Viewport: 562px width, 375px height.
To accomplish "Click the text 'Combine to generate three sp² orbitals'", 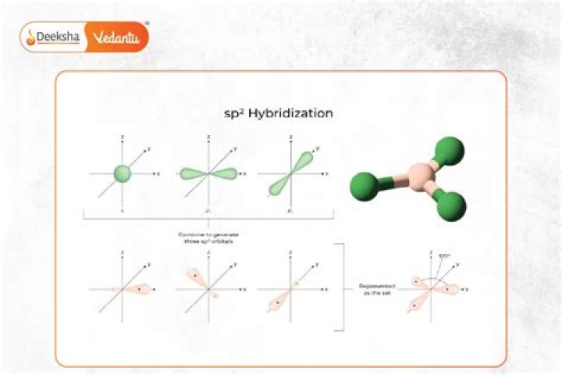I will coord(208,235).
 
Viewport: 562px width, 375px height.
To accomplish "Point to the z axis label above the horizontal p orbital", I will coord(208,138).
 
